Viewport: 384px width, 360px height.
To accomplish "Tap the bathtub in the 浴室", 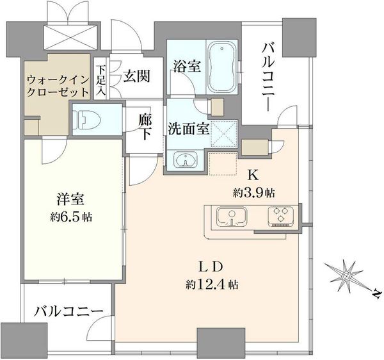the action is (x=222, y=67).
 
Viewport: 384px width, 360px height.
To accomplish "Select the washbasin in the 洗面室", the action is (x=186, y=160).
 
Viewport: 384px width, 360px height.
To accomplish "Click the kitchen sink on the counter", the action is (x=232, y=217).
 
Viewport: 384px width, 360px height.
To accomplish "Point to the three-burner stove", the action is (x=281, y=216).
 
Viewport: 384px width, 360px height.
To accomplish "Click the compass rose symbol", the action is (x=346, y=276).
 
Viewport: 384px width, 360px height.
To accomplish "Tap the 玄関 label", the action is (x=136, y=76).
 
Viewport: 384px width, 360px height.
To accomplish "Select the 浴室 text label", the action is (x=188, y=66).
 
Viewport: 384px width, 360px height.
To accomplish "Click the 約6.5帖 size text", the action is (x=71, y=217).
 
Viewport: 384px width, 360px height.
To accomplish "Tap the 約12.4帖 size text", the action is (x=212, y=285).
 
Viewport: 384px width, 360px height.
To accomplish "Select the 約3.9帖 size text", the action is (x=253, y=193).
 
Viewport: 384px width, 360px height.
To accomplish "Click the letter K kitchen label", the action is (x=253, y=176).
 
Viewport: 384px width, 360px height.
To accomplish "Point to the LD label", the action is (x=211, y=267).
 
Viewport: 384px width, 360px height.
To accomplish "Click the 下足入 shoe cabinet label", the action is (x=100, y=80).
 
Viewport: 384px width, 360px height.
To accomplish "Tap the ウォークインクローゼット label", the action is (x=58, y=86).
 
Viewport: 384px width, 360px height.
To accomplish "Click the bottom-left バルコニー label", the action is (x=68, y=311).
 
